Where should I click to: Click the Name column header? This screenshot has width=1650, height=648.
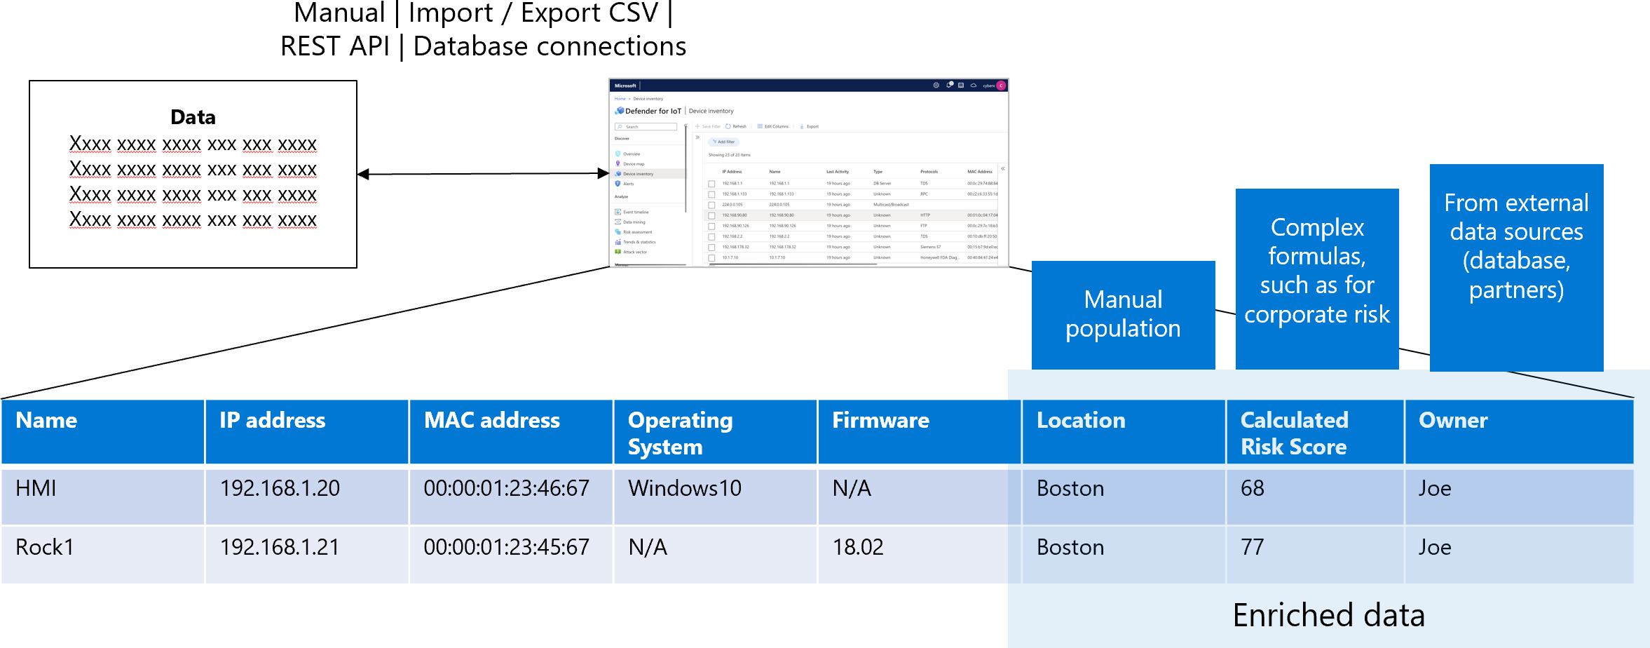pos(46,421)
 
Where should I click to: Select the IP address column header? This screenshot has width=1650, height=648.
pos(272,421)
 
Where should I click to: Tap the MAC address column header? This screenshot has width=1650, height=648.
pos(491,421)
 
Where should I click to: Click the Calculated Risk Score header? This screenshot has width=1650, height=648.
pos(1294,433)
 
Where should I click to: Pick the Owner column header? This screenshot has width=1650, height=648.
pos(1453,421)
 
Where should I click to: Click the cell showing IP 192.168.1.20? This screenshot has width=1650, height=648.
pos(280,488)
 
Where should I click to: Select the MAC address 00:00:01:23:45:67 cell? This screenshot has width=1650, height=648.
pos(506,547)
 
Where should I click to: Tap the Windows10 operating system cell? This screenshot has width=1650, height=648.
pos(684,488)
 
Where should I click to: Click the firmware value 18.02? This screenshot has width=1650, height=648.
pos(857,547)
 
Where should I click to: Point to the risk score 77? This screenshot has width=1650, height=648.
pos(1252,547)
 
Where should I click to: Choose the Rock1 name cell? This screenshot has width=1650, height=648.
pos(45,547)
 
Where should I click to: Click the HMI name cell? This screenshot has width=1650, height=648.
pos(36,488)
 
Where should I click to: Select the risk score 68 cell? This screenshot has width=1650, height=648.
pos(1252,488)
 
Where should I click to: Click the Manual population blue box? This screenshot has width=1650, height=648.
pos(1123,314)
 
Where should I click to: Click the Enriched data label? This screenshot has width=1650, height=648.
pos(1328,616)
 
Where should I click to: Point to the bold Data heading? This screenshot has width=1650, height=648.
pos(193,117)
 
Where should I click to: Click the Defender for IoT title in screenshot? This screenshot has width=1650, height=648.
pos(653,111)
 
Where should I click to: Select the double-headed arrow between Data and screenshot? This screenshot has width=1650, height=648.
pos(483,174)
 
